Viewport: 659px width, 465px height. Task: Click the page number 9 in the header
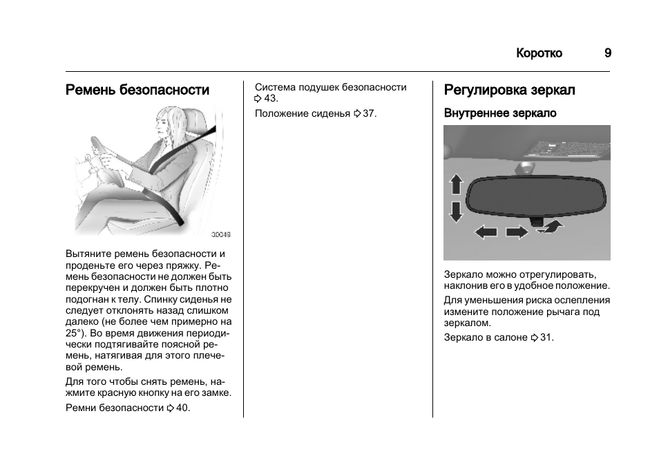pos(607,53)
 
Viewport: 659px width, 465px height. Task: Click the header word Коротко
pos(539,53)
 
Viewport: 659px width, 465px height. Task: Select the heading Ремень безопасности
pos(137,90)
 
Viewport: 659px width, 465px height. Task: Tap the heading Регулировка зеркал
pos(509,90)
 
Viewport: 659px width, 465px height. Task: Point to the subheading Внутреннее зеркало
pos(499,113)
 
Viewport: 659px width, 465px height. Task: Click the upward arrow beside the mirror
pos(455,184)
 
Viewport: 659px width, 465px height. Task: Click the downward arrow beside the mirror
pos(455,211)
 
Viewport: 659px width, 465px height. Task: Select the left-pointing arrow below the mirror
pos(486,232)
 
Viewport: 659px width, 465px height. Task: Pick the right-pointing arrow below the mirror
pos(516,232)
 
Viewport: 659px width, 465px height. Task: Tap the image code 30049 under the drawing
pos(221,234)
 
